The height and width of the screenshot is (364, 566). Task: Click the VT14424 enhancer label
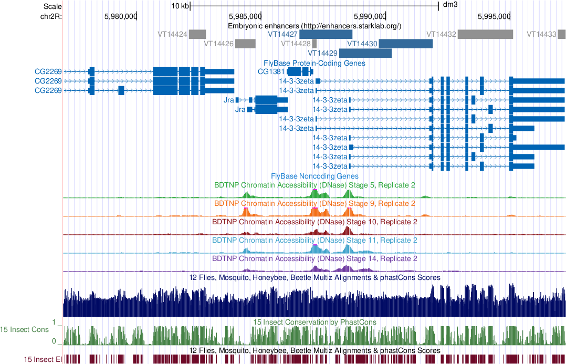[x=172, y=34]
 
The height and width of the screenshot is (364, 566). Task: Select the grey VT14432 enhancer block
[x=485, y=34]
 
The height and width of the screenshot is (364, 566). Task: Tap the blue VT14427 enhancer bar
[x=326, y=34]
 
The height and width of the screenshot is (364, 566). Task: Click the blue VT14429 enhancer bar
[x=365, y=53]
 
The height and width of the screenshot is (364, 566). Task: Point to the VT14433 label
[x=541, y=34]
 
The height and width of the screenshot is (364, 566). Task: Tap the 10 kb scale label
[x=180, y=6]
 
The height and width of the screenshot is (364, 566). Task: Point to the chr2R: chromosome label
[x=51, y=16]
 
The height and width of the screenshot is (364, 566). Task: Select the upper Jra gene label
[x=228, y=100]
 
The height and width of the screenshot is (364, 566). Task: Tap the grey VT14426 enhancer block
[x=245, y=44]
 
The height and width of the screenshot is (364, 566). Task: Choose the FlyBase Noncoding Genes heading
[x=315, y=176]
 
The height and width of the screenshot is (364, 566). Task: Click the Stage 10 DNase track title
[x=315, y=222]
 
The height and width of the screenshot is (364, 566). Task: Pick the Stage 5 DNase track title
[x=315, y=185]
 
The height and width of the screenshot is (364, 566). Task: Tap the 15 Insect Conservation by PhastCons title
[x=315, y=322]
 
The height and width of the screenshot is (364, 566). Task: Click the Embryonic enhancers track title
[x=315, y=25]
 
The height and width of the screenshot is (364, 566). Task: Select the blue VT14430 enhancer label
[x=362, y=44]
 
